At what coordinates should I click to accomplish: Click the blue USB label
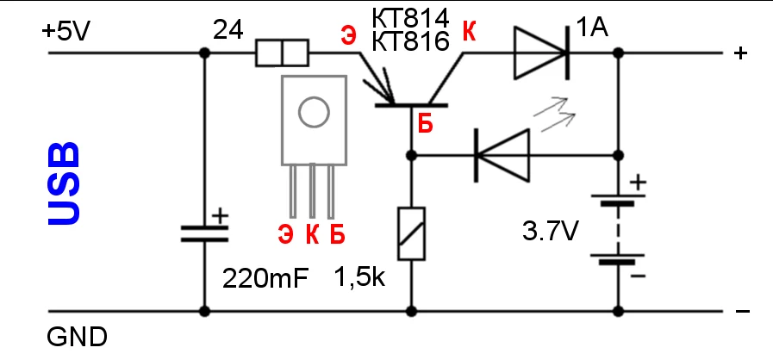coord(64,184)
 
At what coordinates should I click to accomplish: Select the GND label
coord(76,336)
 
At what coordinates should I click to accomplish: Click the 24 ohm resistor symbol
coord(282,53)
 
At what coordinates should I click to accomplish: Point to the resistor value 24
coord(229,31)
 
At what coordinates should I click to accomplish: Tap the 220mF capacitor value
coord(265,278)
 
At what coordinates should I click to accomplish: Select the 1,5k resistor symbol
coord(410,233)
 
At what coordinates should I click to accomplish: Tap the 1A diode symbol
coord(541,53)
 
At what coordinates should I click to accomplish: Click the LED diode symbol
coord(502,156)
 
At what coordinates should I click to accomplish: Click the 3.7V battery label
coord(551,232)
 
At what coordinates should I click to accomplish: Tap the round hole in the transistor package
coord(313,111)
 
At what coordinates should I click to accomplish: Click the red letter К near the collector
coord(470,31)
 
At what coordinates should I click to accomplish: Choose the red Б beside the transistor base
coord(426,123)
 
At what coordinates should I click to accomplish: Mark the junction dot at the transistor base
coord(410,156)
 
